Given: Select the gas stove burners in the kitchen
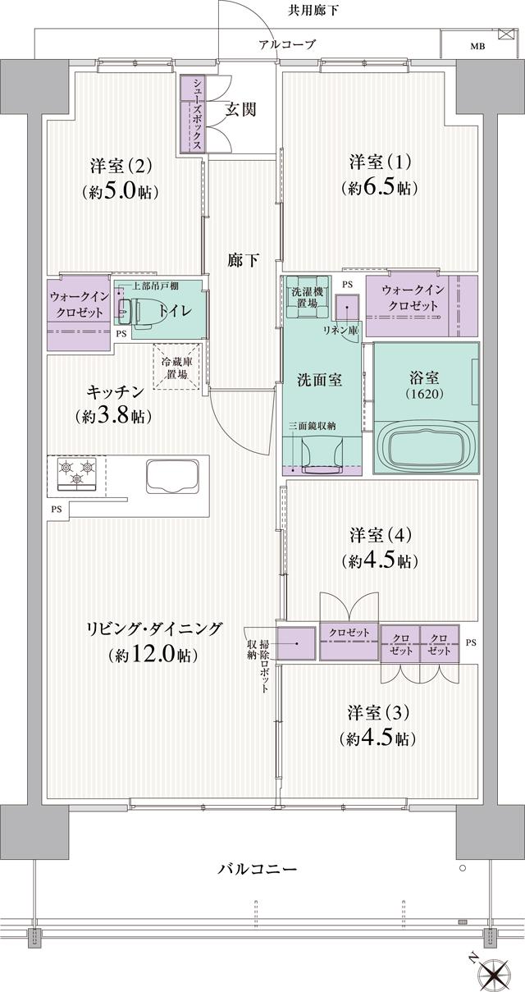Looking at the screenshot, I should pyautogui.click(x=75, y=473).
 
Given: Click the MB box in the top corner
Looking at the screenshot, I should pyautogui.click(x=477, y=46).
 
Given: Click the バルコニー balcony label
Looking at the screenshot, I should pyautogui.click(x=257, y=868).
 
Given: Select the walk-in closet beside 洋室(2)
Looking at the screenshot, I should pyautogui.click(x=79, y=313).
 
